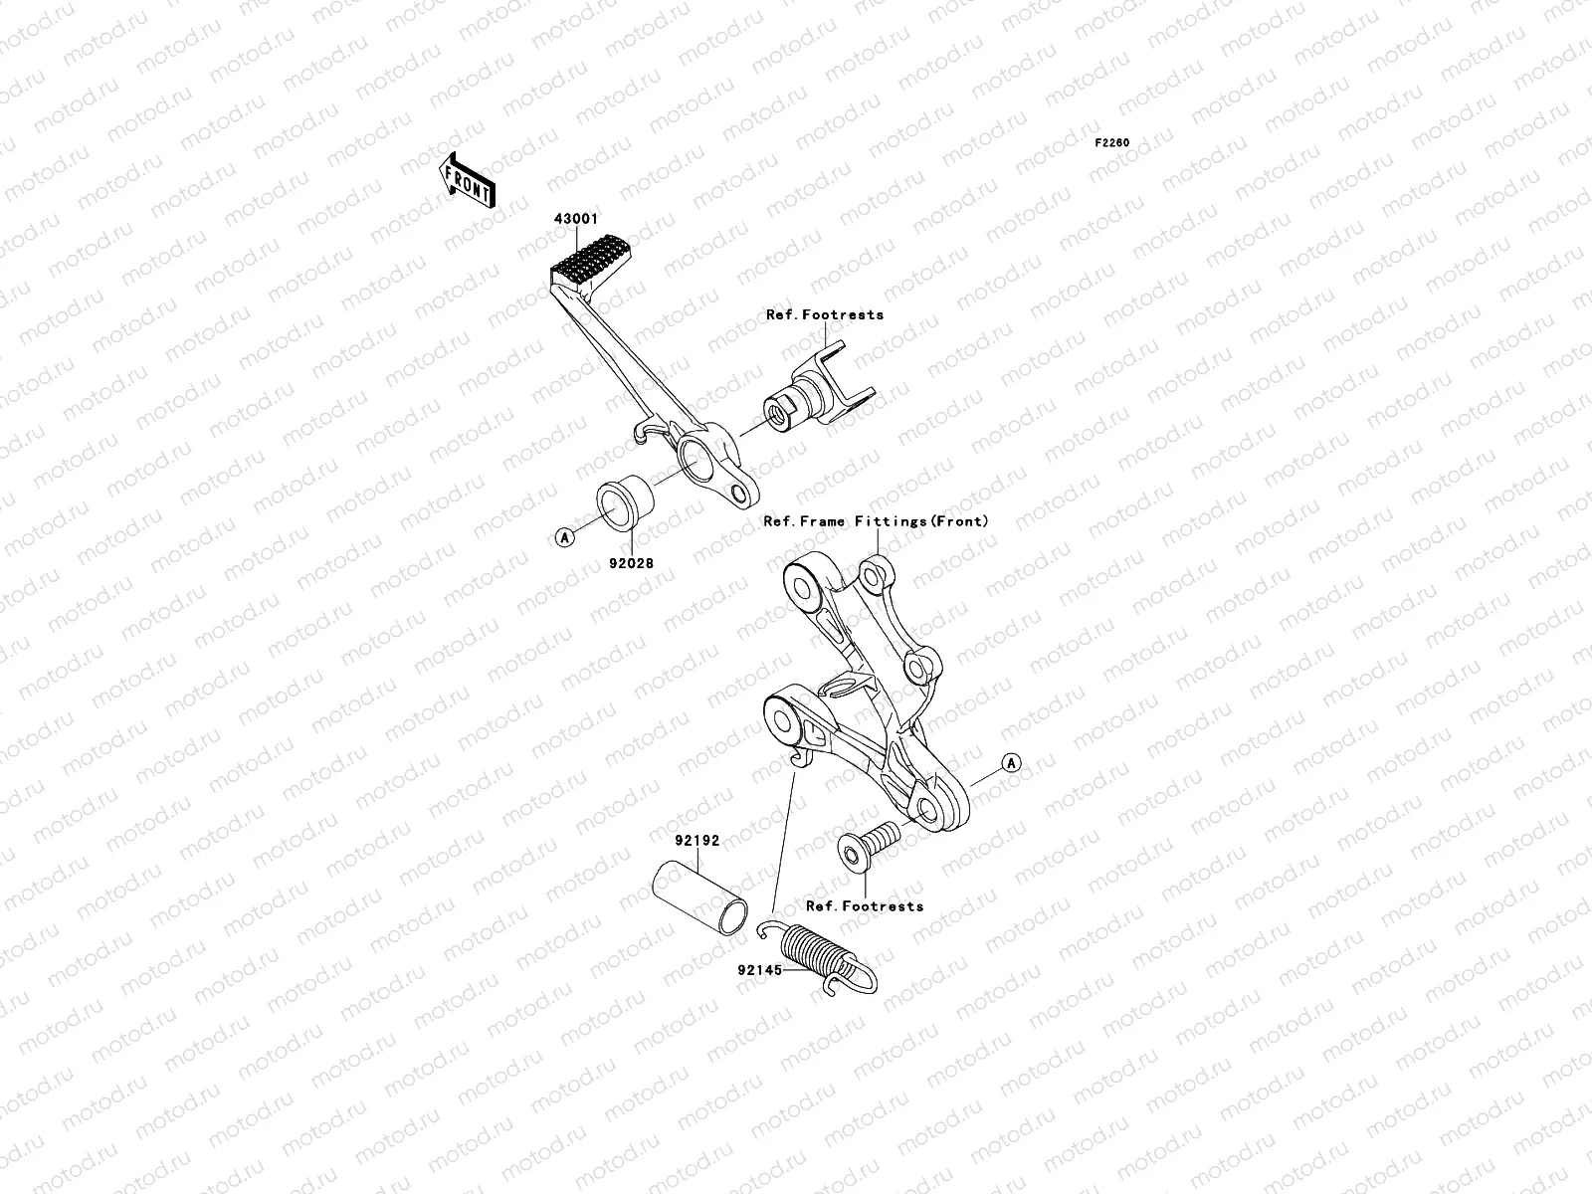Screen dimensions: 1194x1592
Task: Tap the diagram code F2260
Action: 1112,143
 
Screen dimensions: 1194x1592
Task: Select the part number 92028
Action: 633,562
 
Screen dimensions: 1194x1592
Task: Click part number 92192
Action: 697,840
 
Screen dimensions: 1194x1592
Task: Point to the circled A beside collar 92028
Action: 564,537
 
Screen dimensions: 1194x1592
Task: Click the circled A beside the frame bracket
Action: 1011,764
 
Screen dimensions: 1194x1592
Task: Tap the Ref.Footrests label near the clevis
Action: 824,314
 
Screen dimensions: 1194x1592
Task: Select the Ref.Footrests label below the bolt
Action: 864,905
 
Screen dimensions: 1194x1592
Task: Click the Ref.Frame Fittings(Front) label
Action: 876,520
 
